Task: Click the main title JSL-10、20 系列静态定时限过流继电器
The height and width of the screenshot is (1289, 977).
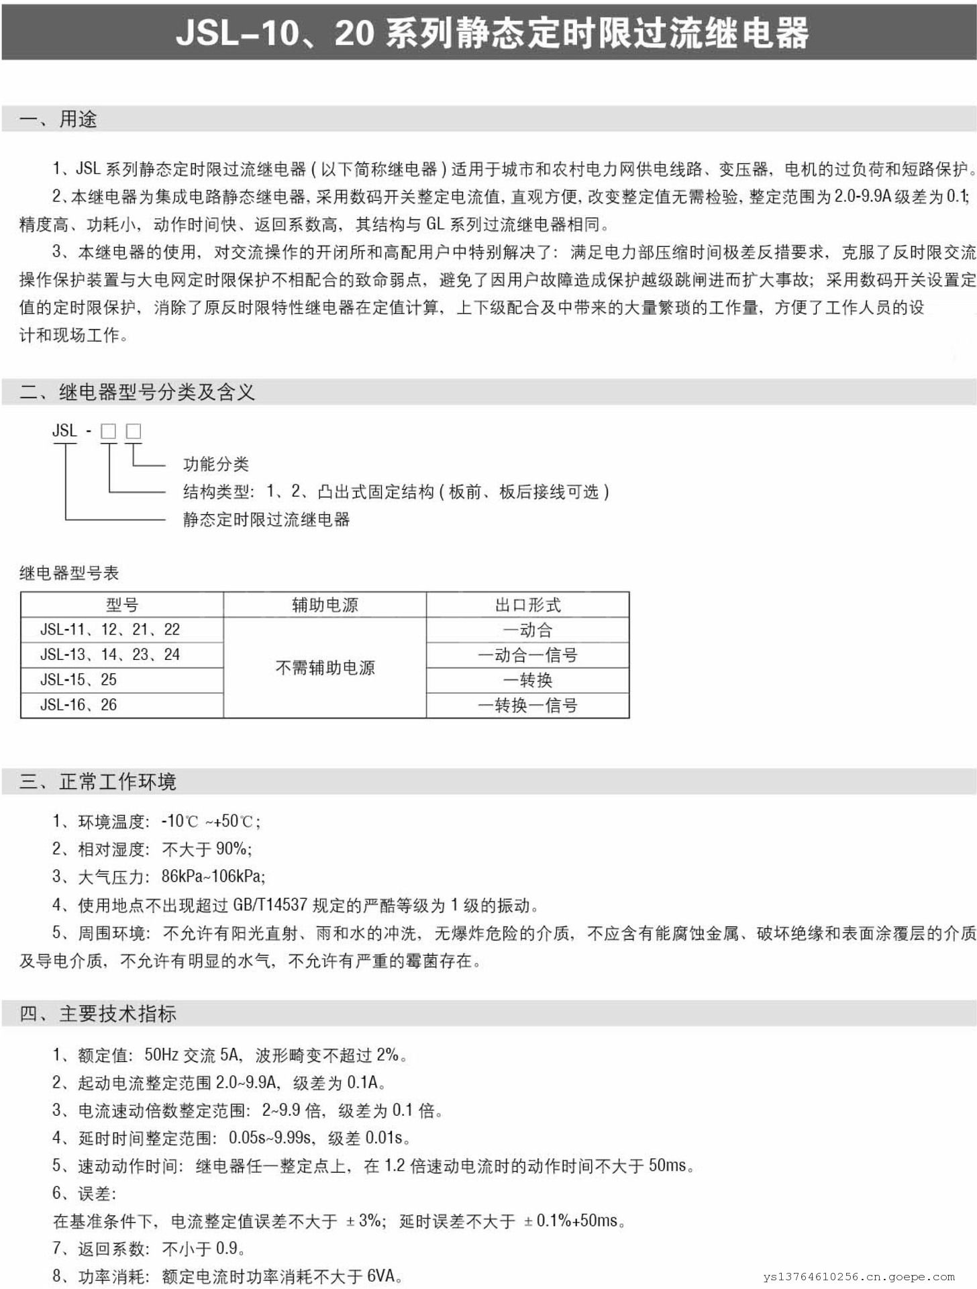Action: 492,32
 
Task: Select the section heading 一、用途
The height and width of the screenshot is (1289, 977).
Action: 58,119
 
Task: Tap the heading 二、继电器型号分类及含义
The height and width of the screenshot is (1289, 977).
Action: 137,391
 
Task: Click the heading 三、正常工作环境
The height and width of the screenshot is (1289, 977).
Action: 98,781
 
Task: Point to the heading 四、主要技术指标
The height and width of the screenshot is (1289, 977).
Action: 98,1013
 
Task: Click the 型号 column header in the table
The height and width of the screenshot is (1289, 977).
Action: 122,605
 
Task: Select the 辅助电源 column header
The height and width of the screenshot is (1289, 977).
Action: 325,605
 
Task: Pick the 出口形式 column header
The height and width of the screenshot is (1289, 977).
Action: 527,605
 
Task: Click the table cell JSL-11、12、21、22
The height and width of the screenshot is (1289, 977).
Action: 110,630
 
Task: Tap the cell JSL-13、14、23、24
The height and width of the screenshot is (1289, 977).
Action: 110,655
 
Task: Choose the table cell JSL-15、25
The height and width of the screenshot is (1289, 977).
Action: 79,679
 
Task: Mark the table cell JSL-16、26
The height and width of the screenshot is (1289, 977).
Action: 79,705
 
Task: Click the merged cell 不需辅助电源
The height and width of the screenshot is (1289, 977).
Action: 325,667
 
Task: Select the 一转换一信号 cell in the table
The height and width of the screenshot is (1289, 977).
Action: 527,705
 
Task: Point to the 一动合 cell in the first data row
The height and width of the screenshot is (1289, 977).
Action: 527,630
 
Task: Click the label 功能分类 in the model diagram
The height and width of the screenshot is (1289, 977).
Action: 216,464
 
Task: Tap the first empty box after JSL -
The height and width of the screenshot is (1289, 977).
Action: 108,431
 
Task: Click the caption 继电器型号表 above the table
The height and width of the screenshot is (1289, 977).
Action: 69,573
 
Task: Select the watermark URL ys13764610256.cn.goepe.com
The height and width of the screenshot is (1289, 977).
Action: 858,1277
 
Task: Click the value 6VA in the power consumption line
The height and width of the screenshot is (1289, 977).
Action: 380,1276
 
